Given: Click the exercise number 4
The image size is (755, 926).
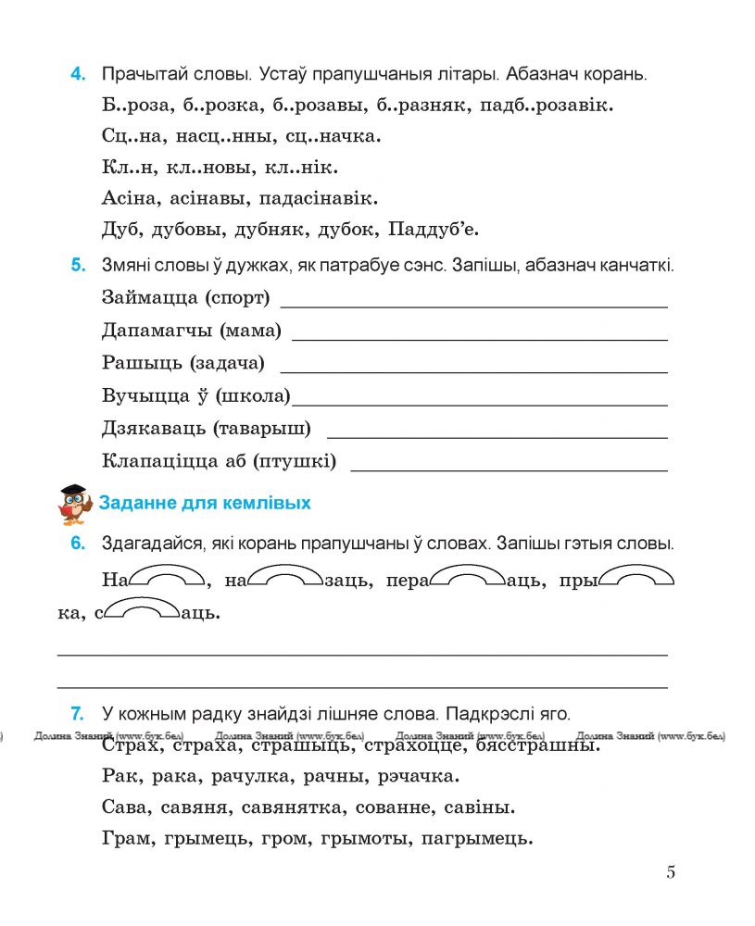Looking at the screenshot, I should pyautogui.click(x=78, y=75).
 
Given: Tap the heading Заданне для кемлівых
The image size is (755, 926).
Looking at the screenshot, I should pyautogui.click(x=205, y=503).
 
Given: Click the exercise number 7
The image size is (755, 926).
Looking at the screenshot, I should pyautogui.click(x=78, y=714).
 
